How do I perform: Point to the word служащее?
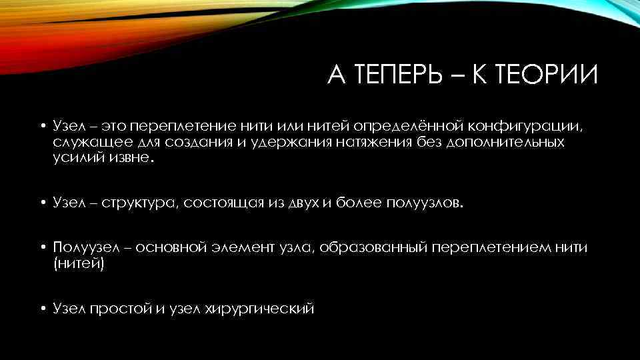coord(83,142)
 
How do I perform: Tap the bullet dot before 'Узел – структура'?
coord(41,203)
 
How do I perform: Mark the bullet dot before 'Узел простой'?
coord(41,309)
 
